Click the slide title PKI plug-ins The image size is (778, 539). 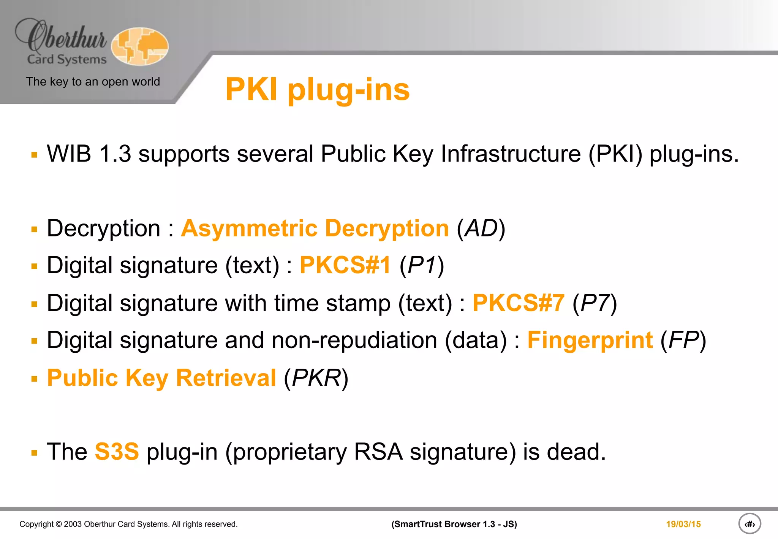(317, 90)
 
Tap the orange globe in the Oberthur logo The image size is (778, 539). (140, 46)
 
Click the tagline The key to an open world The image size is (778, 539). (93, 81)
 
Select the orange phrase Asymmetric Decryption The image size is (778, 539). (315, 228)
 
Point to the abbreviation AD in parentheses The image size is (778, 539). (481, 228)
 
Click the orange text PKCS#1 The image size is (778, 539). (345, 265)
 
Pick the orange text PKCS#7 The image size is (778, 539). (518, 303)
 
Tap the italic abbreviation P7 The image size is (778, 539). (595, 303)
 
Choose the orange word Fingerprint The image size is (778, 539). (590, 340)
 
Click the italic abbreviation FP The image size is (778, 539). (683, 340)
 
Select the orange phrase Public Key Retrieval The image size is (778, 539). (161, 378)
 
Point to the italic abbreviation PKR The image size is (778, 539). (316, 378)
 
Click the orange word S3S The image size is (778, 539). (117, 452)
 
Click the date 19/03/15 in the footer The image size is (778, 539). (683, 524)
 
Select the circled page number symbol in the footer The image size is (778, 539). (750, 524)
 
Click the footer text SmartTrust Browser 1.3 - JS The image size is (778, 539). (454, 524)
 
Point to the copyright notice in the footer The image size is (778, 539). (128, 524)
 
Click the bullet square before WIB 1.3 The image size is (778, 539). (35, 155)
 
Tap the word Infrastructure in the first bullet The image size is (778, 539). (511, 154)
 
